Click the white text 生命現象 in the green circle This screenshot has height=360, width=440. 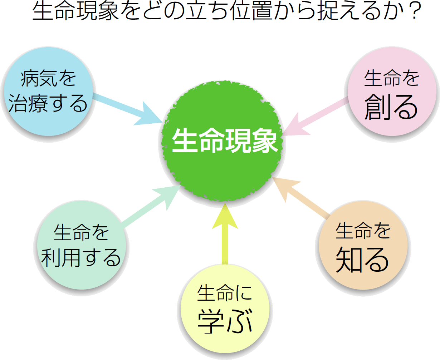(225, 140)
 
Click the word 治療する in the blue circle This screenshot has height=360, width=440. (48, 103)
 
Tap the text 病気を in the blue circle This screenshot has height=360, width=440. (48, 78)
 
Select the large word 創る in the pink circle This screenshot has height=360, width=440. (391, 107)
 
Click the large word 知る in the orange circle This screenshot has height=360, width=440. (362, 260)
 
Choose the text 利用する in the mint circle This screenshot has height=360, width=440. (81, 258)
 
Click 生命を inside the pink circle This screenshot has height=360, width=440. (392, 78)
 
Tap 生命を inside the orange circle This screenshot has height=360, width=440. (363, 231)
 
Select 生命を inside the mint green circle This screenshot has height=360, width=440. (81, 232)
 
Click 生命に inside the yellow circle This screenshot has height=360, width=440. (225, 293)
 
